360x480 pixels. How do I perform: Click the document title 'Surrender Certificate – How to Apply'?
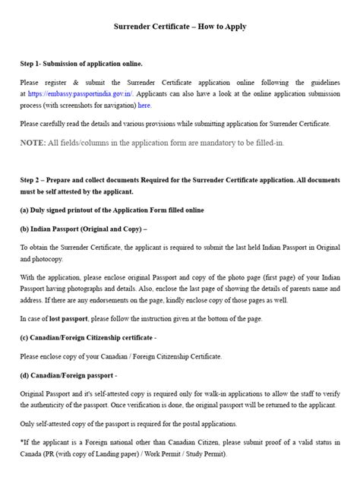point(180,27)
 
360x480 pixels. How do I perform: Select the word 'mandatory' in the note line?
point(210,142)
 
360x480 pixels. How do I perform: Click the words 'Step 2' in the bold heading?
point(33,180)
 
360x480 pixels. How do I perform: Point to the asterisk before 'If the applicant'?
point(22,443)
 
